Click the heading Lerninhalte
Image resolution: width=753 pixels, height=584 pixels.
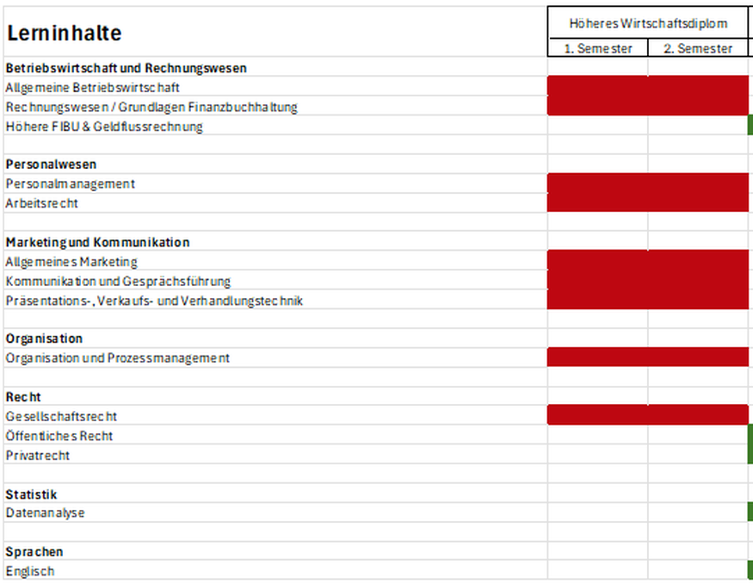coord(64,34)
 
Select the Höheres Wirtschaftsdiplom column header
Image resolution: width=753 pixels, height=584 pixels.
coord(648,23)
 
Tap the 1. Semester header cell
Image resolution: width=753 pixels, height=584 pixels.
coord(598,48)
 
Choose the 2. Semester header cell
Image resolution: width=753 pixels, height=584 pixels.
coord(698,48)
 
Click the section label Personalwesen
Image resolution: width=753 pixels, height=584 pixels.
coord(51,165)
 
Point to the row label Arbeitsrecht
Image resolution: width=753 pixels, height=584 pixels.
coord(41,203)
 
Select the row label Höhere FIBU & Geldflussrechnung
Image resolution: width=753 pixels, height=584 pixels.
coord(104,127)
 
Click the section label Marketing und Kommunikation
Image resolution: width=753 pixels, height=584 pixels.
coord(97,242)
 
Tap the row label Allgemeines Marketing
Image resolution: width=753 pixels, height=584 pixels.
coord(71,262)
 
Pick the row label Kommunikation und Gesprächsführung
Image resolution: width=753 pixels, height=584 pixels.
coord(118,281)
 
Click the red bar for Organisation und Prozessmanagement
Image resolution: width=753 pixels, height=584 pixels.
coord(648,357)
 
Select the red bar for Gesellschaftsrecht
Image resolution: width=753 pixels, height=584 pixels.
coord(648,415)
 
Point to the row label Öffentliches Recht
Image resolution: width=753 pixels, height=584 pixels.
coord(59,436)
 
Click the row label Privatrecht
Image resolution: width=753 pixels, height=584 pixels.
coord(38,456)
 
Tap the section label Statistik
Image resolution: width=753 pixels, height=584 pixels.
coord(31,494)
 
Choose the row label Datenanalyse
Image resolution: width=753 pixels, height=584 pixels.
coord(45,513)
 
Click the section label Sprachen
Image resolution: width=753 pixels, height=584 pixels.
coord(34,552)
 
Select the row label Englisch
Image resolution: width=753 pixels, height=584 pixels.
coord(30,571)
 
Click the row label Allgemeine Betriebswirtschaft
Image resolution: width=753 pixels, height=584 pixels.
coord(93,88)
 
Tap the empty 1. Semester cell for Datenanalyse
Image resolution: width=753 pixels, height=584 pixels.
coord(597,513)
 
